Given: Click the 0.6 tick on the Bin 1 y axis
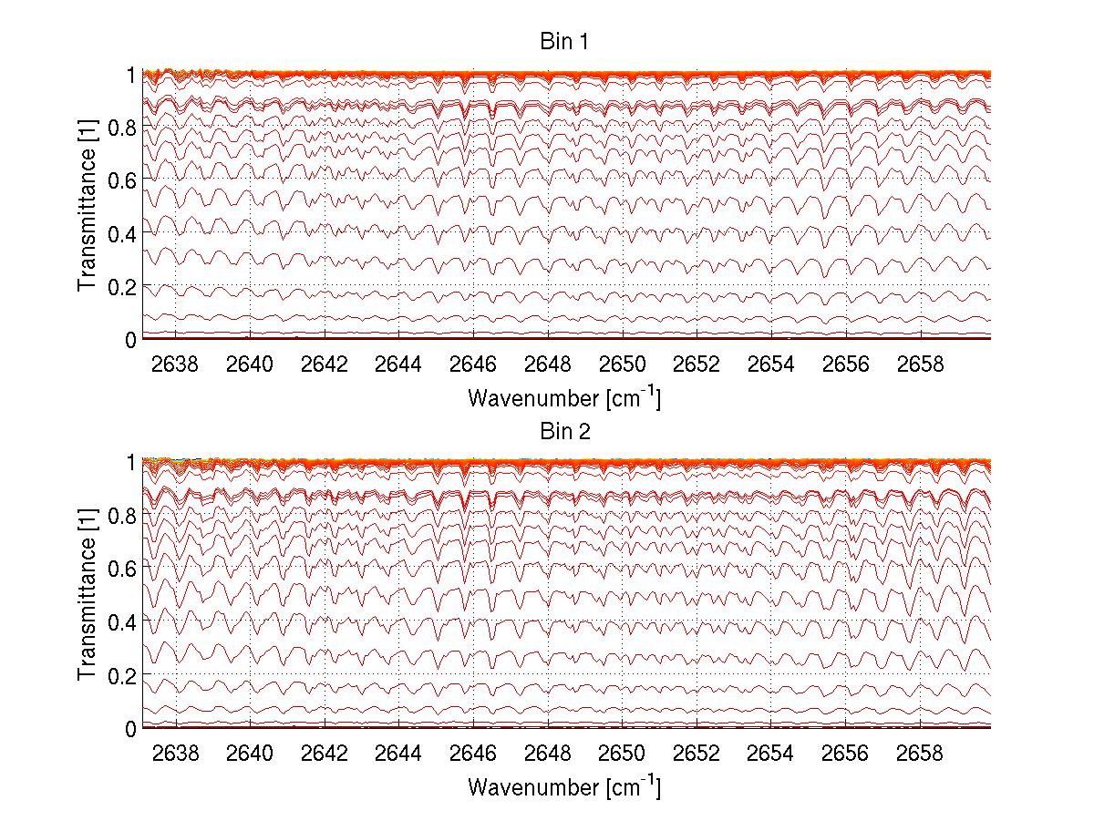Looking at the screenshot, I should coord(121,180).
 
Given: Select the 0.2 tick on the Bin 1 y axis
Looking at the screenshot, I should coord(121,286).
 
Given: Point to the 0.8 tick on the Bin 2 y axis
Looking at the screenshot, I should coord(121,515).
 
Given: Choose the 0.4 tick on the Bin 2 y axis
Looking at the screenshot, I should coord(121,621).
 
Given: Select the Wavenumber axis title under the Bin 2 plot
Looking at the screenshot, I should coord(564,786).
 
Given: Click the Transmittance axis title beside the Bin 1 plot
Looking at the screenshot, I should coord(88,206).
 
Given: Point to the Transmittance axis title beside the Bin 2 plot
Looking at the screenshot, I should coord(88,595).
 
